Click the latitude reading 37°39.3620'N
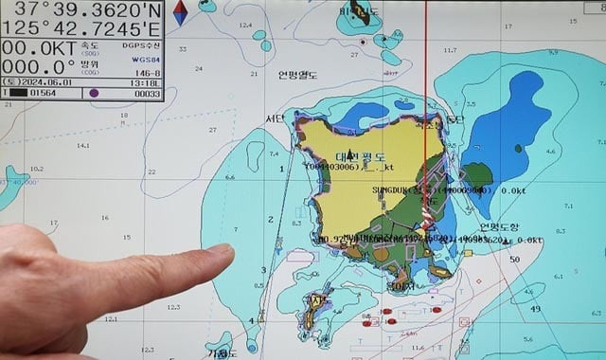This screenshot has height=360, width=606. pyautogui.click(x=82, y=10)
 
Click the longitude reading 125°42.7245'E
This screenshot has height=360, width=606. pyautogui.click(x=82, y=30)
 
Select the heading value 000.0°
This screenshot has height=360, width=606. pyautogui.click(x=38, y=68)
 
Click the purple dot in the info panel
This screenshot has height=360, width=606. pyautogui.click(x=93, y=93)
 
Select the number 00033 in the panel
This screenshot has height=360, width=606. pyautogui.click(x=147, y=93)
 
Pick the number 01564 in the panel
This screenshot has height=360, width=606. pyautogui.click(x=43, y=93)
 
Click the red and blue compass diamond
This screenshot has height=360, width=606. pyautogui.click(x=180, y=13)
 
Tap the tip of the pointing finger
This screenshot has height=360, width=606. pyautogui.click(x=225, y=252)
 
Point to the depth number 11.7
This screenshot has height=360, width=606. pyautogui.click(x=450, y=50)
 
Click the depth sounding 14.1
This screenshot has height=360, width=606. pyautogui.click(x=83, y=145)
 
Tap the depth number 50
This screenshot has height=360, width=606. pyautogui.click(x=514, y=259)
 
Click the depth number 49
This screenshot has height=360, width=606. pyautogui.click(x=535, y=308)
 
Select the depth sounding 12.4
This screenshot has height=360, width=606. pyautogui.click(x=246, y=26)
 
